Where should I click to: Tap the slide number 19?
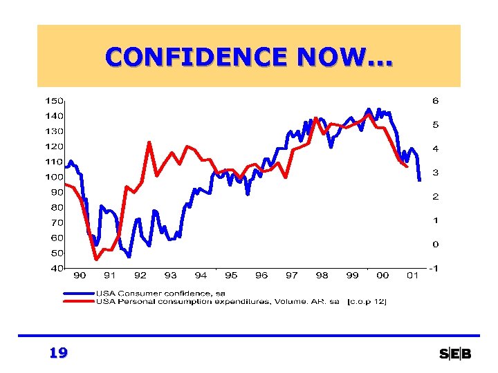pos(58,354)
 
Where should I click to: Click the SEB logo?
pos(455,354)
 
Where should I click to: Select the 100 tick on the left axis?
pos(55,177)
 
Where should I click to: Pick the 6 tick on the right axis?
pos(435,101)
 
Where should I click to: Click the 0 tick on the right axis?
pos(435,245)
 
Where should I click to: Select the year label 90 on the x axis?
pos(80,276)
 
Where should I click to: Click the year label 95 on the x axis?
pos(231,276)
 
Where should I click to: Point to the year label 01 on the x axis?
pos(412,276)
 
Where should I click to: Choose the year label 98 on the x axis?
pos(322,276)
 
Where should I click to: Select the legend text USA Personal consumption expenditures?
pos(218,301)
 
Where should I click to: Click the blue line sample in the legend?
pos(78,294)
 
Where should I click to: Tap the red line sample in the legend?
pos(78,301)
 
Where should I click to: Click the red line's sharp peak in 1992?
pos(149,142)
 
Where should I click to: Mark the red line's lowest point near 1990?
pos(96,260)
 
